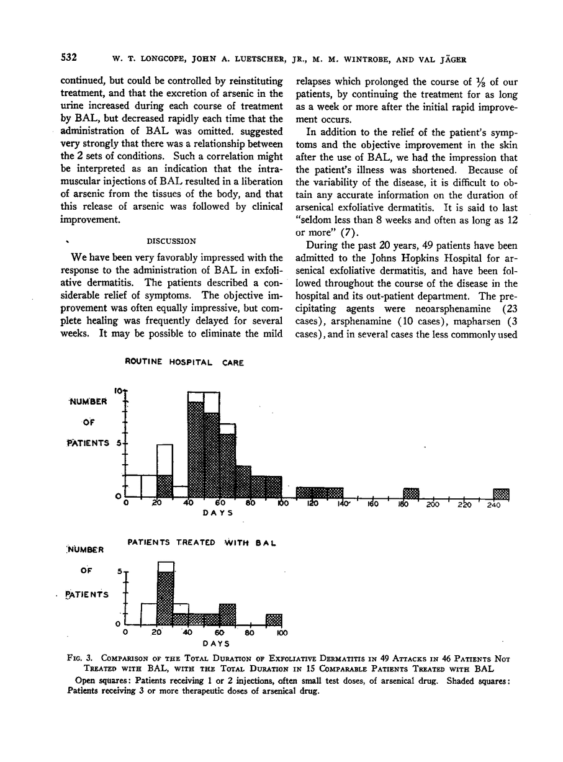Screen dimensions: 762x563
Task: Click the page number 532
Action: coord(68,59)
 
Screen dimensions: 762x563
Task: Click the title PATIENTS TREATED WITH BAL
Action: coord(201,542)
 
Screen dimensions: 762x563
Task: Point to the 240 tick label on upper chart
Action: coord(493,505)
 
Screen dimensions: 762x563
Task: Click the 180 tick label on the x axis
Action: coord(402,505)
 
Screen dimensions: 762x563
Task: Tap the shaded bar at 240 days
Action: coord(501,493)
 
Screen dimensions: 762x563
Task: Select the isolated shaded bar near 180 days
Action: coord(411,493)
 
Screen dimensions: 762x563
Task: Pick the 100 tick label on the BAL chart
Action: coord(281,633)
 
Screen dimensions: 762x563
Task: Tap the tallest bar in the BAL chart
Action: coord(165,593)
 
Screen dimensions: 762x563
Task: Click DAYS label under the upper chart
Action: coord(218,513)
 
